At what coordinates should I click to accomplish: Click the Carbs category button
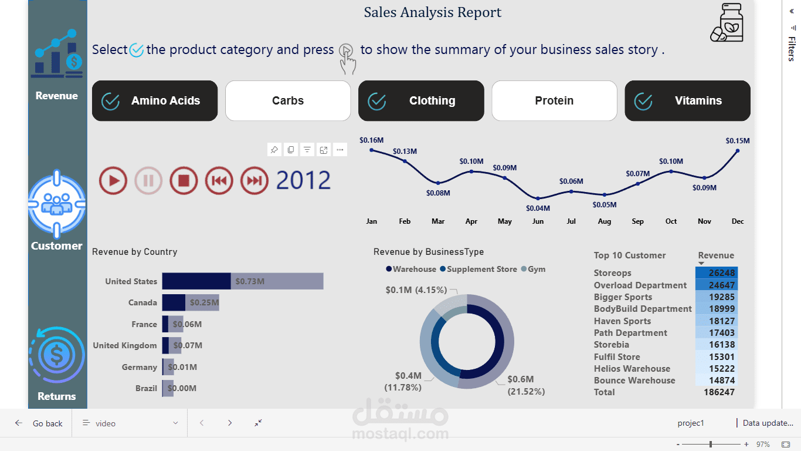click(288, 101)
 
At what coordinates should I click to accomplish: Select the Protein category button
click(554, 101)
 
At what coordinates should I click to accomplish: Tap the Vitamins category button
click(687, 101)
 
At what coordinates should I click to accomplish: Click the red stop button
click(184, 180)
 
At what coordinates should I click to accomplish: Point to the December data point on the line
click(738, 151)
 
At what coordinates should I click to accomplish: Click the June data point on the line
click(538, 198)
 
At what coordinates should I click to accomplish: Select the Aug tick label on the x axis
click(605, 221)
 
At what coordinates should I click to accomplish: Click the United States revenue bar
click(242, 281)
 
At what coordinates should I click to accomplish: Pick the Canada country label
click(142, 303)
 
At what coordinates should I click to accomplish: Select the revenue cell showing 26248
click(717, 273)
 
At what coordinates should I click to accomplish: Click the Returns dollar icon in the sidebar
click(57, 355)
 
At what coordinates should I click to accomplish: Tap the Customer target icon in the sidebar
click(57, 204)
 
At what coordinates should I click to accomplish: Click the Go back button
click(39, 423)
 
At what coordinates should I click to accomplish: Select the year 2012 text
click(303, 180)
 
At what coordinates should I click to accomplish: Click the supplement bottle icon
click(727, 23)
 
